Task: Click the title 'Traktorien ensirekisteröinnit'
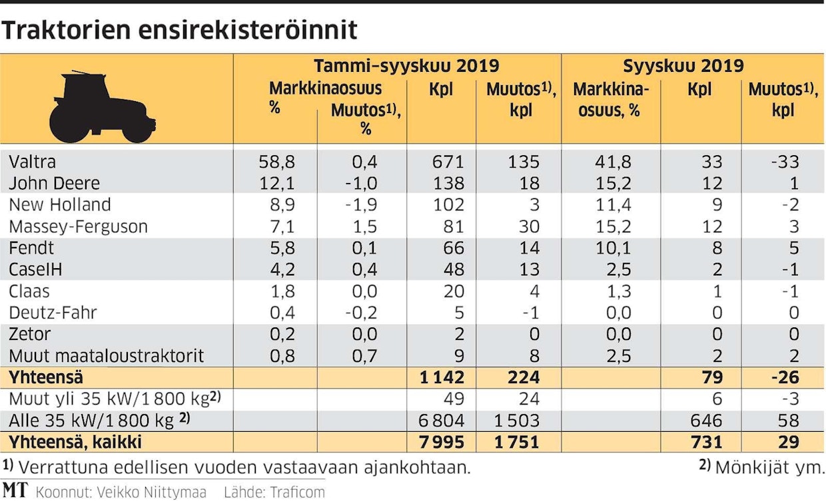tap(181, 31)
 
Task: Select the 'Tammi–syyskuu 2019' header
tap(406, 66)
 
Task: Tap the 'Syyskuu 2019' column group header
tap(683, 66)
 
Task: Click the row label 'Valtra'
tap(33, 162)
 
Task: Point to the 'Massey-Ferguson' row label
tap(78, 226)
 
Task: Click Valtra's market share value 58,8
tap(276, 162)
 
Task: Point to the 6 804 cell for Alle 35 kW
tap(440, 420)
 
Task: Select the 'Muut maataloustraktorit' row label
tap(107, 356)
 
